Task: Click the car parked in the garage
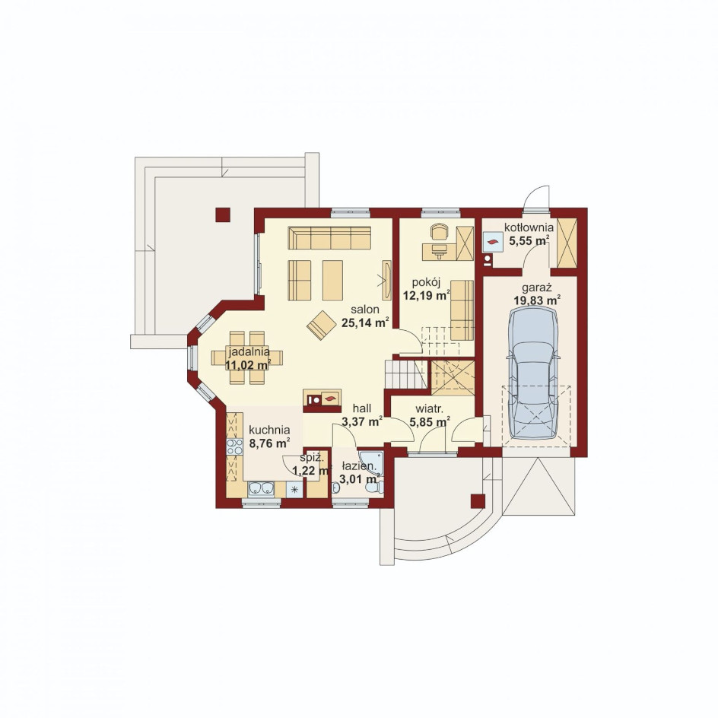click(x=534, y=373)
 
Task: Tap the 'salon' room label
click(x=365, y=309)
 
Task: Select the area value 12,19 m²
click(x=426, y=295)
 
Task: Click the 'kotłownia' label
click(x=529, y=227)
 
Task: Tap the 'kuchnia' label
click(x=269, y=430)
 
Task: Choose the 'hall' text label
click(x=362, y=408)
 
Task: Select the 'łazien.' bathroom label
click(x=360, y=467)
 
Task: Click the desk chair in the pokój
click(x=439, y=231)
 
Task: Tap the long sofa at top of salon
click(x=329, y=237)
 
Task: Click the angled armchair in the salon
click(x=322, y=325)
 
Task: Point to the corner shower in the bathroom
click(x=371, y=462)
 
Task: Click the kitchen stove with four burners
click(x=234, y=447)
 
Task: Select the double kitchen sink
click(x=261, y=489)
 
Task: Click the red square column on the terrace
click(x=223, y=214)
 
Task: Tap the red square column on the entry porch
click(x=478, y=501)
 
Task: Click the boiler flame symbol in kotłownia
click(x=493, y=243)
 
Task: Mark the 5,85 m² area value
click(x=430, y=421)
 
